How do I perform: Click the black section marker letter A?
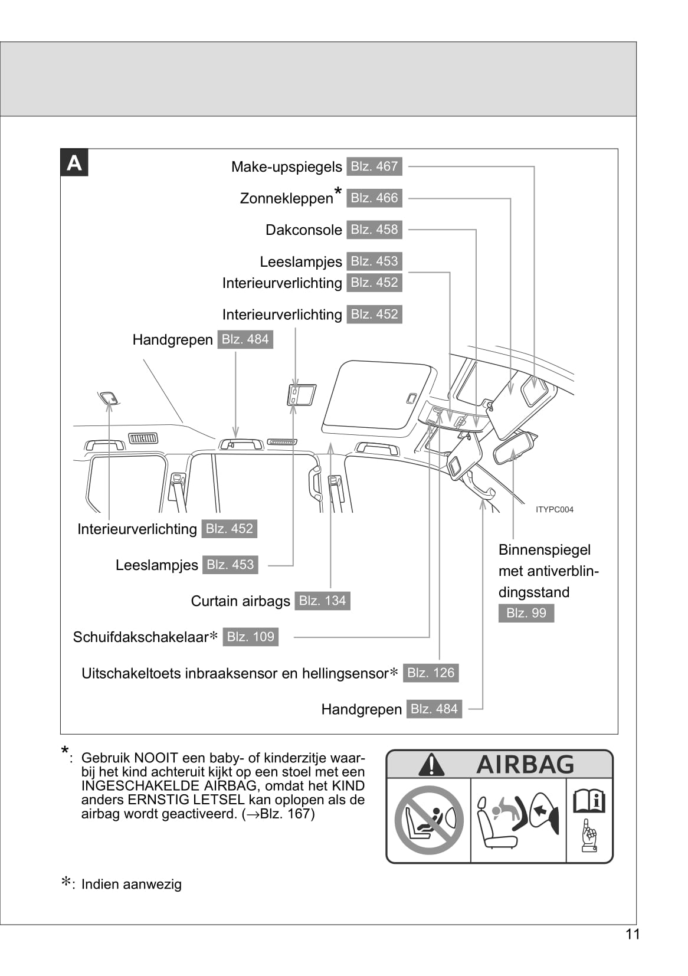74,163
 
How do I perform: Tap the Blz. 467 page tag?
374,166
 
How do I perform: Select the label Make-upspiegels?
286,167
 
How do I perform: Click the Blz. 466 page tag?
374,198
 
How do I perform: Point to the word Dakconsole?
303,230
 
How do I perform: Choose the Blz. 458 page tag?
374,230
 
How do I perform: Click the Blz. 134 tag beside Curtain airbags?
322,601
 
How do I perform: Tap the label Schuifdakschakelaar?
140,637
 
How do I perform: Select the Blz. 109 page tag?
250,637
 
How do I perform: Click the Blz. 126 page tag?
431,673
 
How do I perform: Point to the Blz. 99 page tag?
526,613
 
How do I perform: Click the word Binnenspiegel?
544,550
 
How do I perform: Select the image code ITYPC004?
554,509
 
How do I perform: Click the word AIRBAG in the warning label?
525,765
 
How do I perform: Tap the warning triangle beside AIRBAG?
431,765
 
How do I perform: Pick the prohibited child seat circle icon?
429,820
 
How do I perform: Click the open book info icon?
589,801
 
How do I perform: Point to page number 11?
633,934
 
